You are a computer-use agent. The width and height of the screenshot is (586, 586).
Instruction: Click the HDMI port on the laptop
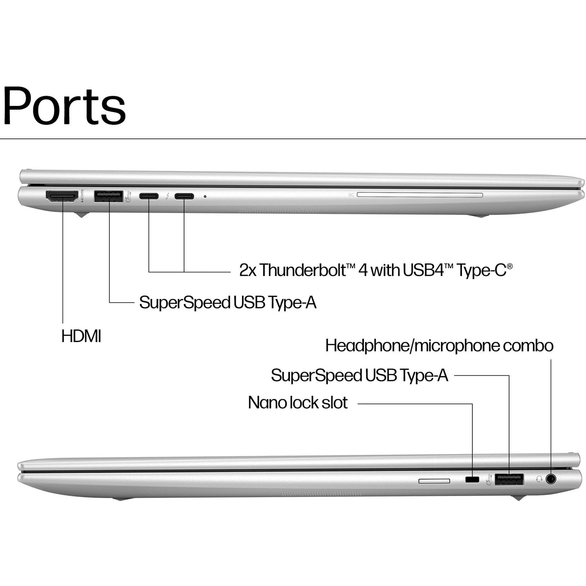(x=62, y=196)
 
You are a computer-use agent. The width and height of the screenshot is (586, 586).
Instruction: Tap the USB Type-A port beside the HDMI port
(x=109, y=196)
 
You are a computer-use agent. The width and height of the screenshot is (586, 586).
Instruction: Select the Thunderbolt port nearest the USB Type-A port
(x=149, y=196)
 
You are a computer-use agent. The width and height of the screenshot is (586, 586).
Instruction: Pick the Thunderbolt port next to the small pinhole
(x=184, y=196)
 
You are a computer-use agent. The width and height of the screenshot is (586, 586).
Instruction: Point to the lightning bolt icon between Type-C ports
(x=167, y=196)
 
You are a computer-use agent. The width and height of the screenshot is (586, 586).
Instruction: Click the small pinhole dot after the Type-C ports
(x=205, y=197)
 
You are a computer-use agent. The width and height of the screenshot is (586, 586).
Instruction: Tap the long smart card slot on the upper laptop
(x=420, y=195)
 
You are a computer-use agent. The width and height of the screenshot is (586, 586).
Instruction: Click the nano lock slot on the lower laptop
(x=472, y=479)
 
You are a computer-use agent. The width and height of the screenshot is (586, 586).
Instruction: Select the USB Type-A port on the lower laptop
(x=509, y=479)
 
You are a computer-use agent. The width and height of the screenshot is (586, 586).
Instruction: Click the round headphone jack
(x=551, y=479)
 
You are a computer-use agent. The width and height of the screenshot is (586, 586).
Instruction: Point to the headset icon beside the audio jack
(x=539, y=479)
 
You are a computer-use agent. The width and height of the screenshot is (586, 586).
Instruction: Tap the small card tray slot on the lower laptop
(x=434, y=481)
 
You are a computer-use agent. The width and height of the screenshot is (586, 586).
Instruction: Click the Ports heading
(x=64, y=106)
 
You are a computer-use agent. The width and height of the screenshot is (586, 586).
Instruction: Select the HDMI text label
(x=81, y=337)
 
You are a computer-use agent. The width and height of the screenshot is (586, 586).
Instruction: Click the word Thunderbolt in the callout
(x=303, y=270)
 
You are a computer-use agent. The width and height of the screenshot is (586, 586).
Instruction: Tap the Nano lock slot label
(x=298, y=403)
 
